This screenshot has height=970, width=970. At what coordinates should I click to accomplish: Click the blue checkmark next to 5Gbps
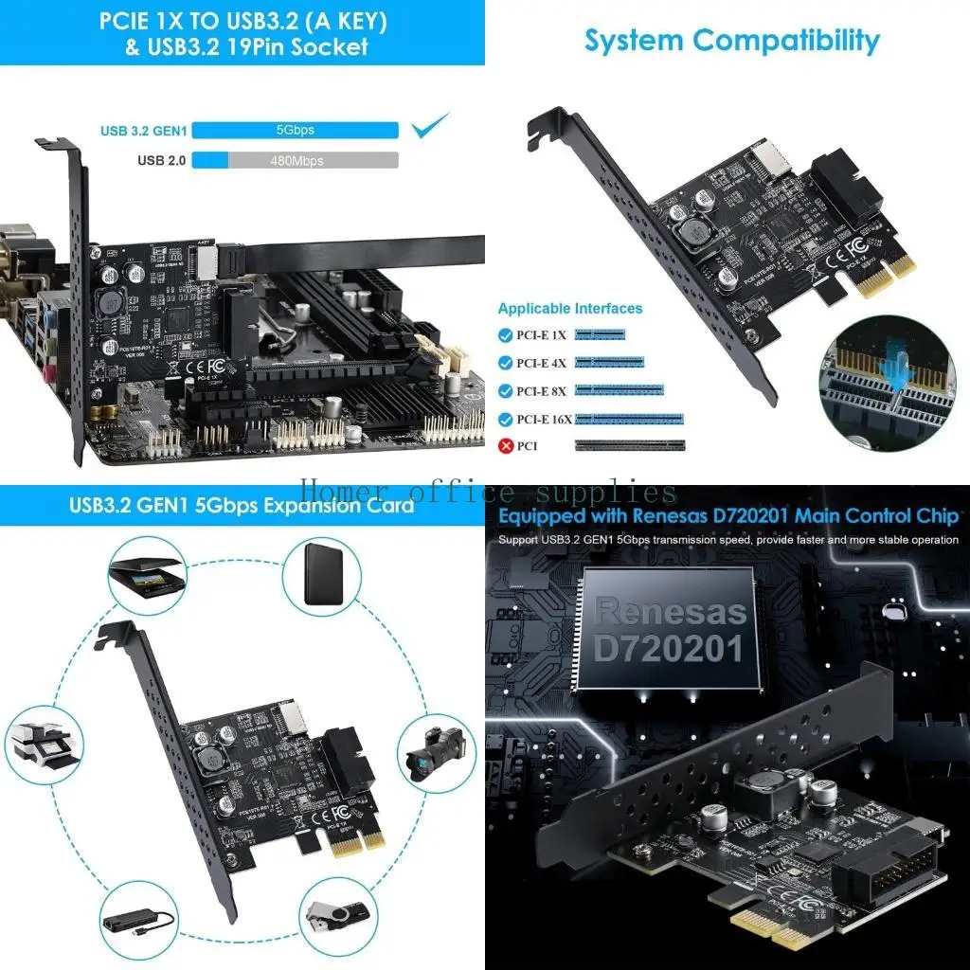432,125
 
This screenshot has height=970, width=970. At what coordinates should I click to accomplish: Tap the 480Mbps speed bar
296,160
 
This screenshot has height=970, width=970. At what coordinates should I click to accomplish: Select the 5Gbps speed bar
296,130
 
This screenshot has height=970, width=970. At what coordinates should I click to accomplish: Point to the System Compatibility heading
731,41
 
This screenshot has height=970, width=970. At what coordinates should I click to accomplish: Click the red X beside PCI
507,445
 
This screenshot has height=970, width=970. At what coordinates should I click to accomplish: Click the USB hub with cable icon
138,919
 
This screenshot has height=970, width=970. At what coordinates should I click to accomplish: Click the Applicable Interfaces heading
569,308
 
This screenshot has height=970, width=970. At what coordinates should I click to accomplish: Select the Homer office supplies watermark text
488,493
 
